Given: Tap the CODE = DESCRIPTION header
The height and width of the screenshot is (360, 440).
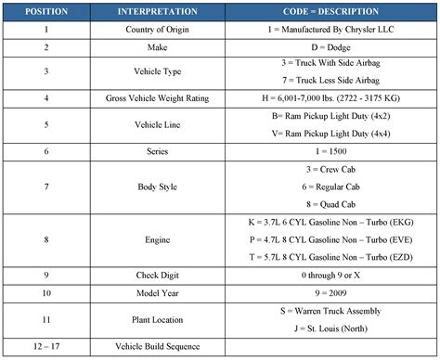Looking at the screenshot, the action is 330,13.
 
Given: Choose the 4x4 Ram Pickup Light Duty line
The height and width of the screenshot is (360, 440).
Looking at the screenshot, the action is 330,133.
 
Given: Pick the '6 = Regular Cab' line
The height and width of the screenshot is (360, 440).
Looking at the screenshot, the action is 330,185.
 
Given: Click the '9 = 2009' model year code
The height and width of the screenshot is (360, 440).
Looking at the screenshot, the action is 330,291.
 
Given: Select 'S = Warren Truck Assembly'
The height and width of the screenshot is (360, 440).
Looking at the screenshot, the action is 330,310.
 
